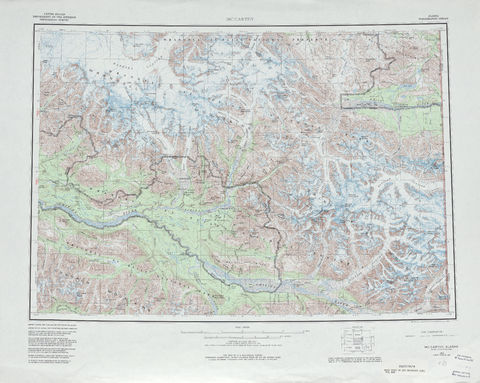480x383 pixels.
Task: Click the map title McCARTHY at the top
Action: click(x=241, y=13)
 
